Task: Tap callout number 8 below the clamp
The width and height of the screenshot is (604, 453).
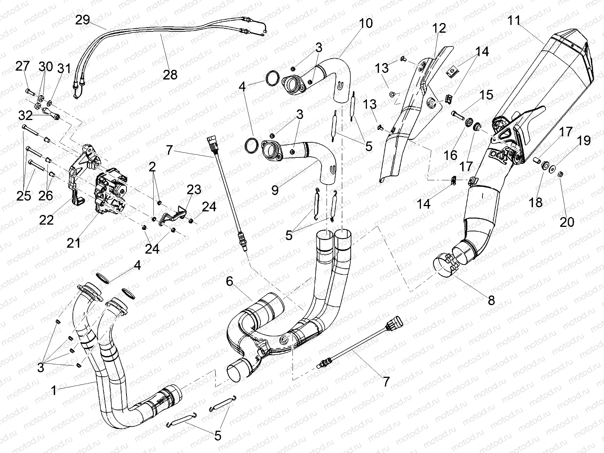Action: [491, 300]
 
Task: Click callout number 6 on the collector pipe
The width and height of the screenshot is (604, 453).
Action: [231, 281]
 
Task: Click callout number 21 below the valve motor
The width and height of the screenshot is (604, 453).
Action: [74, 243]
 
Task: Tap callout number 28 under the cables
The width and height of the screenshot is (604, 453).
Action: [170, 74]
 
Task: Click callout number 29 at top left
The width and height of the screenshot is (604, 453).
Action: [83, 20]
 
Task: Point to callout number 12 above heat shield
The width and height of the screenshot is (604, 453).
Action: [439, 28]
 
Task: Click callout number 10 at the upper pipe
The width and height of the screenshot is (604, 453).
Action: [365, 23]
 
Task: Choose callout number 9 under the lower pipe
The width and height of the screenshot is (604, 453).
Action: [275, 190]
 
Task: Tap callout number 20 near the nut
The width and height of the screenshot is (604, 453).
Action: [567, 221]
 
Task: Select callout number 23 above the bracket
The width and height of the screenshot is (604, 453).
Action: [193, 190]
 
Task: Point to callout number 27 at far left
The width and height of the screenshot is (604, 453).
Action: [22, 67]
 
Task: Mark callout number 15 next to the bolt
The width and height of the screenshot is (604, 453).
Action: [486, 95]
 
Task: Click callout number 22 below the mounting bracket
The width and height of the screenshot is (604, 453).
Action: [47, 220]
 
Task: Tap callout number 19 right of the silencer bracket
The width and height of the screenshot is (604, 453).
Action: [583, 141]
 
